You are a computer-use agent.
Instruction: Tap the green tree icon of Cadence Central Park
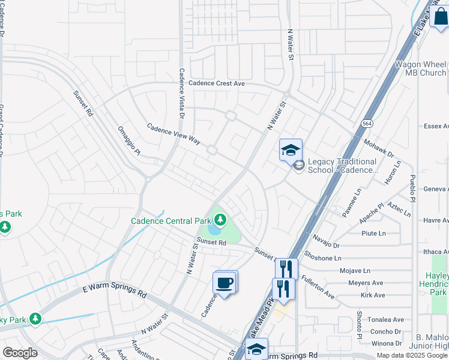[x=219, y=220]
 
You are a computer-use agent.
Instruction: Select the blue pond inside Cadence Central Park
[x=213, y=229]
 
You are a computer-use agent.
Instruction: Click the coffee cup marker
[x=224, y=283]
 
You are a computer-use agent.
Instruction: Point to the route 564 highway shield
[x=366, y=123]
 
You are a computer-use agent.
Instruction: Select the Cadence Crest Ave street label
[x=217, y=84]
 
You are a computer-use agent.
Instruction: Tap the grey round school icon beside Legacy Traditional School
[x=298, y=166]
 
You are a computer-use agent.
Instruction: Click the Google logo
[x=20, y=353]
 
